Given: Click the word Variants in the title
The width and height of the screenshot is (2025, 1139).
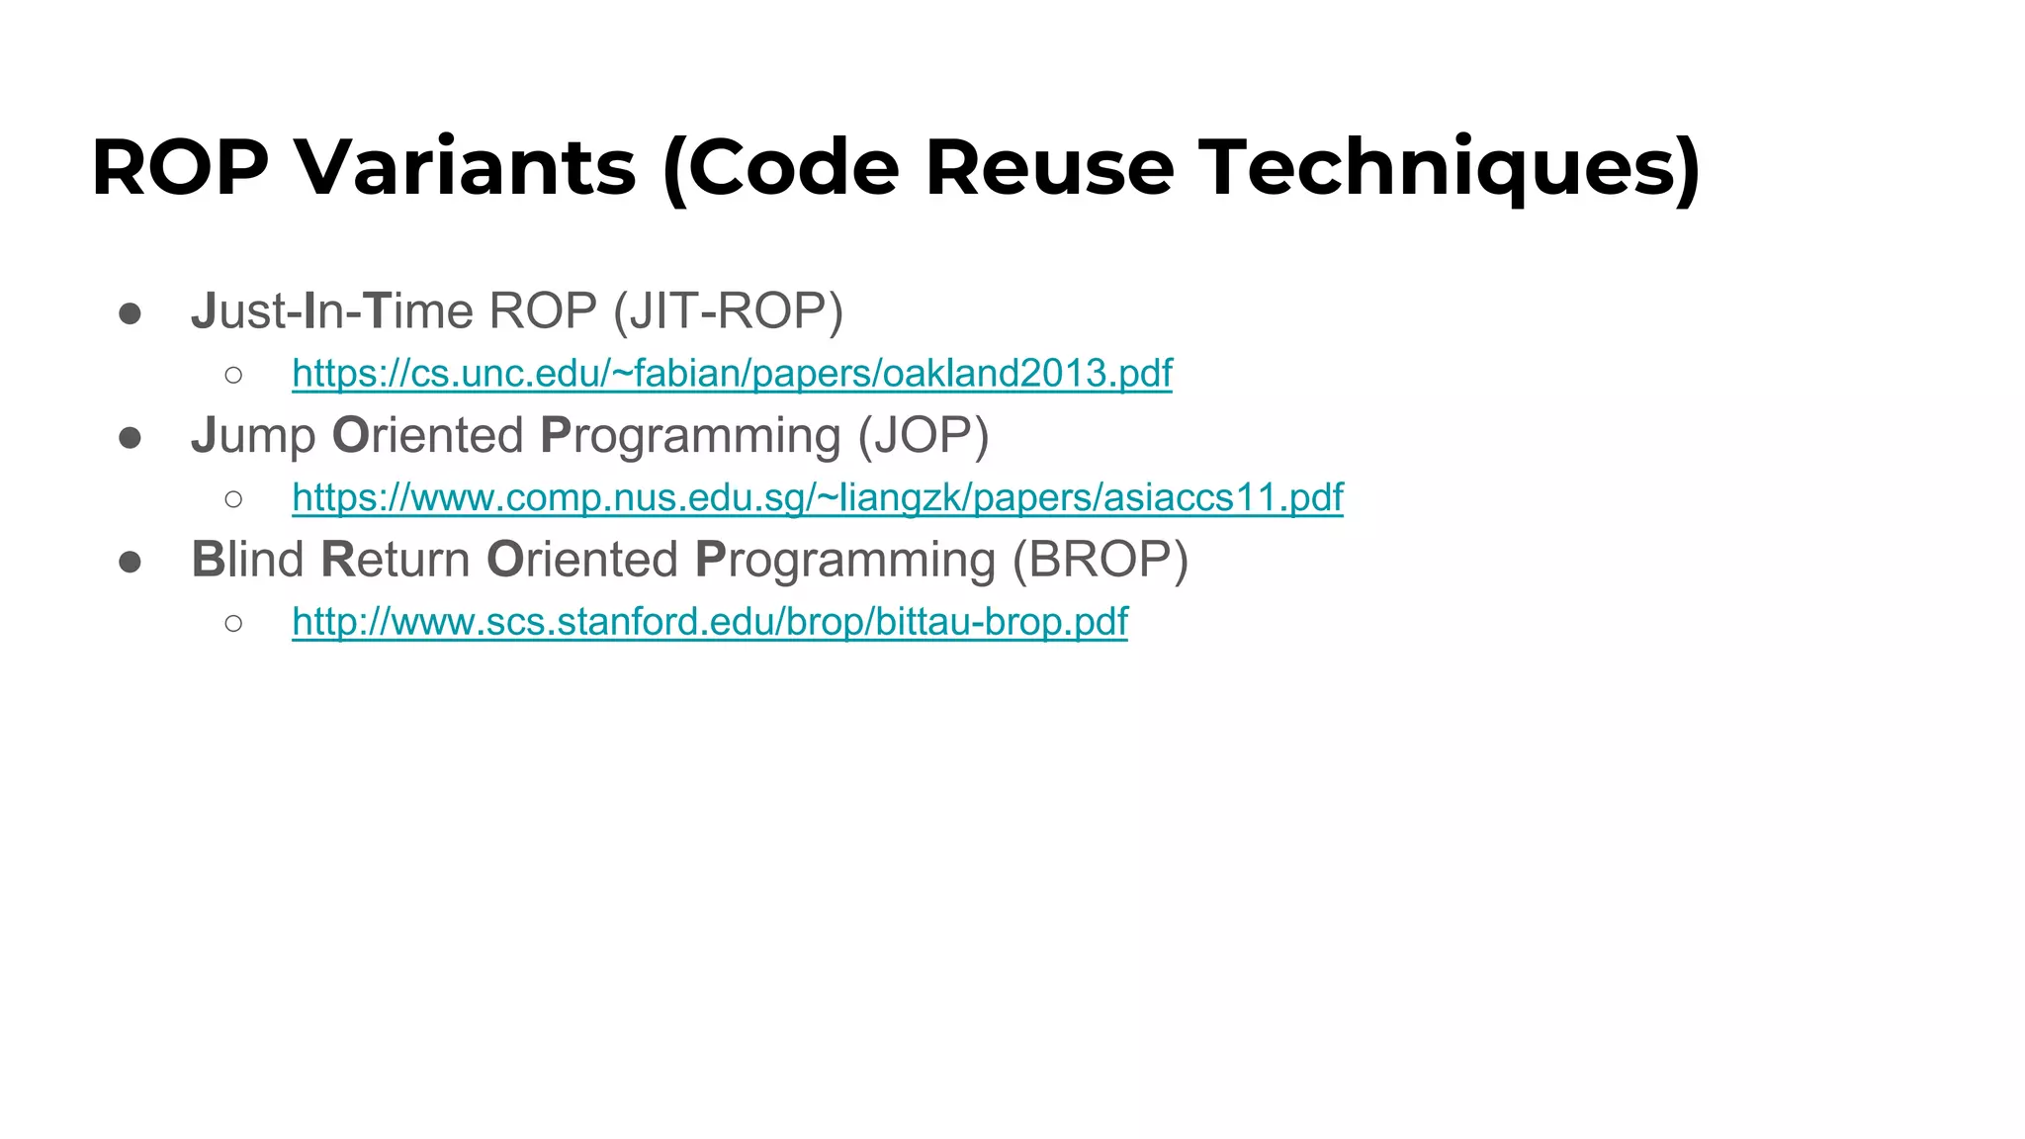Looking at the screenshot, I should pyautogui.click(x=466, y=167).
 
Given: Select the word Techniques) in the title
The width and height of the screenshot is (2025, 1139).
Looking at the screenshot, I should pyautogui.click(x=1450, y=167).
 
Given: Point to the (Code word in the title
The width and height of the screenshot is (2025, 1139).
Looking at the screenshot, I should pyautogui.click(x=781, y=167).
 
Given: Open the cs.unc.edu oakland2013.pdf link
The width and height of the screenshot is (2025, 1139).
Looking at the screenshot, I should pyautogui.click(x=732, y=374).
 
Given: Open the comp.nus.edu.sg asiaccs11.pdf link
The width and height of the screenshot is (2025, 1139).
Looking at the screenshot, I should pyautogui.click(x=817, y=497).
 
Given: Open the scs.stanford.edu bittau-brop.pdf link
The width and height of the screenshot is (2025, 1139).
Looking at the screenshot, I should pyautogui.click(x=709, y=622).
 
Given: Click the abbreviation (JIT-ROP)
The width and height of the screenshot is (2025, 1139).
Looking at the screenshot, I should pyautogui.click(x=728, y=311).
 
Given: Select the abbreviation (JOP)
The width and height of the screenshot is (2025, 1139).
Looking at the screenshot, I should pyautogui.click(x=923, y=436).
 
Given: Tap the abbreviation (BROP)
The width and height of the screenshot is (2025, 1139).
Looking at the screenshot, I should pyautogui.click(x=1100, y=560).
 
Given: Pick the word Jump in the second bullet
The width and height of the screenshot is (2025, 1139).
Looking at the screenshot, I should pyautogui.click(x=253, y=436).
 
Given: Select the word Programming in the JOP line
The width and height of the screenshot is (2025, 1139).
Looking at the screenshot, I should pyautogui.click(x=690, y=436).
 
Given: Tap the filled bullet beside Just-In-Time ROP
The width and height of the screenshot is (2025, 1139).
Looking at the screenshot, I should pyautogui.click(x=130, y=314).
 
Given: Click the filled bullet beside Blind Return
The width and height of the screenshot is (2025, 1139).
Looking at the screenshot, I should pyautogui.click(x=130, y=563).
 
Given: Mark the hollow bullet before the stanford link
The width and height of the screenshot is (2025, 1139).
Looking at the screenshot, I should pyautogui.click(x=233, y=623).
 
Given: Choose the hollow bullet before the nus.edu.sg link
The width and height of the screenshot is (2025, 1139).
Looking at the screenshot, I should pyautogui.click(x=233, y=498).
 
